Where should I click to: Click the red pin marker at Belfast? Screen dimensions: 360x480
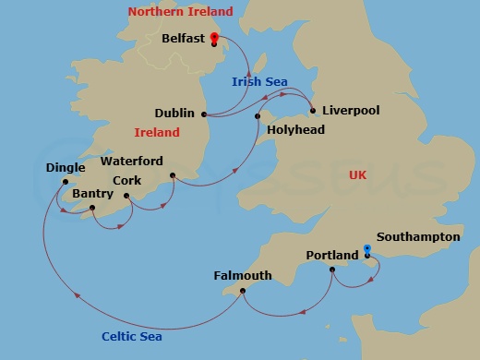[214, 39]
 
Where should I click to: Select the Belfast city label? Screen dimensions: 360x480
[183, 40]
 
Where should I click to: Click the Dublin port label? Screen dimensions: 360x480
[174, 114]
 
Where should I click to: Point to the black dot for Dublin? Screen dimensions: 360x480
[204, 114]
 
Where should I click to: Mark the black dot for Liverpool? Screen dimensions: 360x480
[314, 112]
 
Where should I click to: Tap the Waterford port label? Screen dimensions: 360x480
[131, 161]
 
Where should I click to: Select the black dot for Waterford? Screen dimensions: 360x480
[172, 175]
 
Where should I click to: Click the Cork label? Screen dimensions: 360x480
[126, 181]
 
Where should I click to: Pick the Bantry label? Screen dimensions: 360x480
[92, 194]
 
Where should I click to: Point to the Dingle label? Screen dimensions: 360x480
[65, 168]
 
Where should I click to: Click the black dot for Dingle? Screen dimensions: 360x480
[65, 182]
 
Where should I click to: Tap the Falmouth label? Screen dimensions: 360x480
[242, 275]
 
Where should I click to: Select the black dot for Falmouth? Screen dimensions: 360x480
[242, 291]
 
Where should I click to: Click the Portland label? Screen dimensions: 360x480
[332, 255]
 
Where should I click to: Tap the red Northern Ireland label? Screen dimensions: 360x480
[180, 12]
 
